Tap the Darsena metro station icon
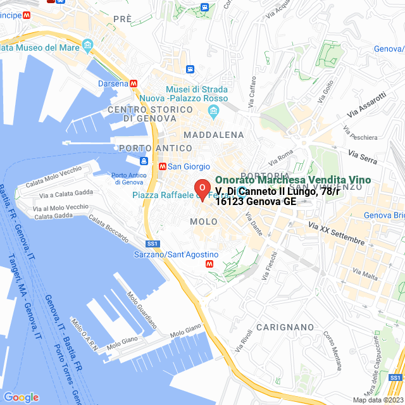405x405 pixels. tap(134, 84)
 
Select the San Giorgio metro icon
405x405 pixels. tap(163, 166)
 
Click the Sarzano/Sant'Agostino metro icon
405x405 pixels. tap(210, 265)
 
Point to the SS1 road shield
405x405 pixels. tap(152, 244)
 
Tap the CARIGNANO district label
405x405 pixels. tap(285, 327)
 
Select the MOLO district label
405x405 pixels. tap(204, 221)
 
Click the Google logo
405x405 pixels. tap(21, 397)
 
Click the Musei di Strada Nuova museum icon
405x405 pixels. tap(213, 112)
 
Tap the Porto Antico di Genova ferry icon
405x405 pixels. tap(144, 161)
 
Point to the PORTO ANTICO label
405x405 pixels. tap(155, 148)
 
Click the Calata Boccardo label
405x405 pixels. tap(109, 228)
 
